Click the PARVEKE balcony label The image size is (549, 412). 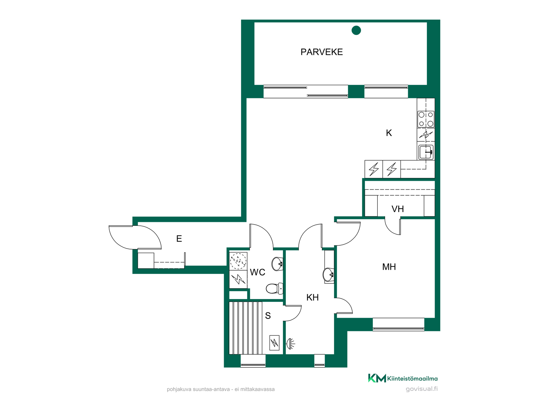pyautogui.click(x=321, y=52)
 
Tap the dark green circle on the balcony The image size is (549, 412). pyautogui.click(x=356, y=30)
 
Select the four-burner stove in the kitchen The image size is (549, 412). pyautogui.click(x=426, y=119)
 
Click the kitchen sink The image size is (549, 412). pyautogui.click(x=426, y=152)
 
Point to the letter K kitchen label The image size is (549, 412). pyautogui.click(x=389, y=133)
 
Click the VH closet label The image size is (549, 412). pyautogui.click(x=398, y=209)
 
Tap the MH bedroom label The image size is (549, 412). pyautogui.click(x=389, y=267)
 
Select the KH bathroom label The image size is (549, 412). pyautogui.click(x=313, y=298)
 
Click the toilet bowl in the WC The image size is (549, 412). pyautogui.click(x=274, y=288)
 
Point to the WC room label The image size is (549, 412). pyautogui.click(x=258, y=272)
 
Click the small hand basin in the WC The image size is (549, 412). pyautogui.click(x=277, y=264)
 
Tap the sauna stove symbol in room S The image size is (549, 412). pyautogui.click(x=274, y=342)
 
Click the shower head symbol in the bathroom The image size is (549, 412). pyautogui.click(x=291, y=344)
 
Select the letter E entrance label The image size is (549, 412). pyautogui.click(x=179, y=239)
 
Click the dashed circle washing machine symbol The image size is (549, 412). pyautogui.click(x=238, y=261)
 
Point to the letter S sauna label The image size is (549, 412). pyautogui.click(x=268, y=316)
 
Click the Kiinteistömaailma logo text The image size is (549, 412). pyautogui.click(x=412, y=379)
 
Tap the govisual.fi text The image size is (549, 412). pyautogui.click(x=422, y=389)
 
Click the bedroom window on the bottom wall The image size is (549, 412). pyautogui.click(x=399, y=324)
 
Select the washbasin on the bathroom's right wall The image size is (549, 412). pyautogui.click(x=329, y=275)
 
